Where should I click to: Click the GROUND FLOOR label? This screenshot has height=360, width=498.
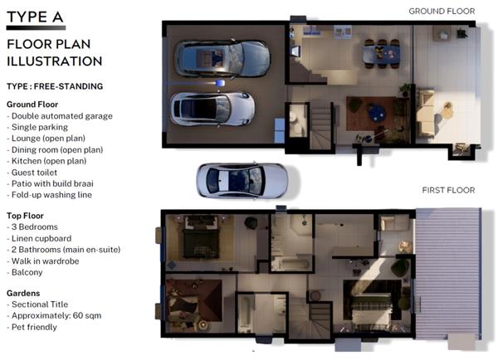pos(442,12)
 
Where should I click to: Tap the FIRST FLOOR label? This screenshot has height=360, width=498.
pos(448,190)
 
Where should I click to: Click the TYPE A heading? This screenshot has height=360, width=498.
pos(35,17)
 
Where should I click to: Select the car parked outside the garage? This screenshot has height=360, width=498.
pos(242,180)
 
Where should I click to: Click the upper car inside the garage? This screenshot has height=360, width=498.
pos(222,59)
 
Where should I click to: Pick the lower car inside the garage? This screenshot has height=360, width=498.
pos(212,109)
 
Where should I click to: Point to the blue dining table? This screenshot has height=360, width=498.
pos(382,54)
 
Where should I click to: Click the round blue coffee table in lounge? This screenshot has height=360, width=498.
pos(377,113)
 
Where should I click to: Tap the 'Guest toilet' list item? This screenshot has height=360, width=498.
pos(32,173)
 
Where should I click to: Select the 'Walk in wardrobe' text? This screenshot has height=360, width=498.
pos(43,261)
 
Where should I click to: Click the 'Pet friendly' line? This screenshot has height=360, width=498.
pos(32,327)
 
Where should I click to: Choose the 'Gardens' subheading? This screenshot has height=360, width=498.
pos(23,293)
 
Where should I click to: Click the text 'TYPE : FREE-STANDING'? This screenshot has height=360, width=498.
pos(55,86)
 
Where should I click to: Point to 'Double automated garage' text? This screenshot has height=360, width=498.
pos(60,116)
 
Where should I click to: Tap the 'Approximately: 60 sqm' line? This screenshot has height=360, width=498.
pos(54,315)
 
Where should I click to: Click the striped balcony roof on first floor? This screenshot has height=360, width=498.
pos(448,274)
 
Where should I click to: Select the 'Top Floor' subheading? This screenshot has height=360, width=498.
pos(25,216)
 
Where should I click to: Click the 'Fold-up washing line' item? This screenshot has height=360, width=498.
pos(49,195)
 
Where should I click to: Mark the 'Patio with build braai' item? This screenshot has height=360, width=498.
pos(50,183)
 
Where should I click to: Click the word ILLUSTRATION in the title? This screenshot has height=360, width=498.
pos(54,61)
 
